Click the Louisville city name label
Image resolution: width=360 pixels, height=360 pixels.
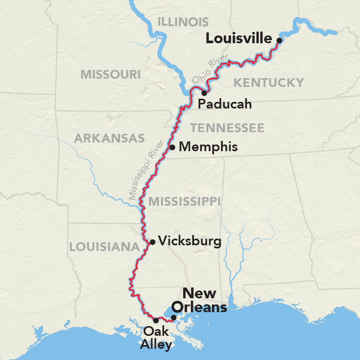(x=239, y=39)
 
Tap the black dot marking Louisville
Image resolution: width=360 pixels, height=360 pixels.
(x=279, y=40)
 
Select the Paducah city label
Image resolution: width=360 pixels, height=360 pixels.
(x=225, y=104)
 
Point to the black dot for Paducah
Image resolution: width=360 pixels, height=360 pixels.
(x=204, y=93)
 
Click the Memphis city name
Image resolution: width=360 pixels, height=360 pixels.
(x=208, y=147)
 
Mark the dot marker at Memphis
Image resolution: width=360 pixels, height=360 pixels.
(x=172, y=147)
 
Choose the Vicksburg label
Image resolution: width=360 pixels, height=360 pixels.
(x=190, y=241)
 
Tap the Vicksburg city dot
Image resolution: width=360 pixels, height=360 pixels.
(x=152, y=242)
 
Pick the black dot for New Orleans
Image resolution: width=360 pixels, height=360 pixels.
(x=174, y=318)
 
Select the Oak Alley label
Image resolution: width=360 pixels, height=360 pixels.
(x=157, y=338)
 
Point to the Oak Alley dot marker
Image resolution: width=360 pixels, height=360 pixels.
(x=156, y=320)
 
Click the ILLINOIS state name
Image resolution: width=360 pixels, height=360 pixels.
(x=183, y=22)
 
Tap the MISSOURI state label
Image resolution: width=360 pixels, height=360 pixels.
(x=110, y=75)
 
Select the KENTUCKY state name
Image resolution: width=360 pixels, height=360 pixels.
(x=268, y=82)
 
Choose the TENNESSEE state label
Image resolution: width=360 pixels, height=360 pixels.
(x=227, y=128)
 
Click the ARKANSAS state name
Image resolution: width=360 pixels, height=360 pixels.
(x=110, y=138)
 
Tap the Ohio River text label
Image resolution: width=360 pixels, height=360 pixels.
(x=209, y=73)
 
